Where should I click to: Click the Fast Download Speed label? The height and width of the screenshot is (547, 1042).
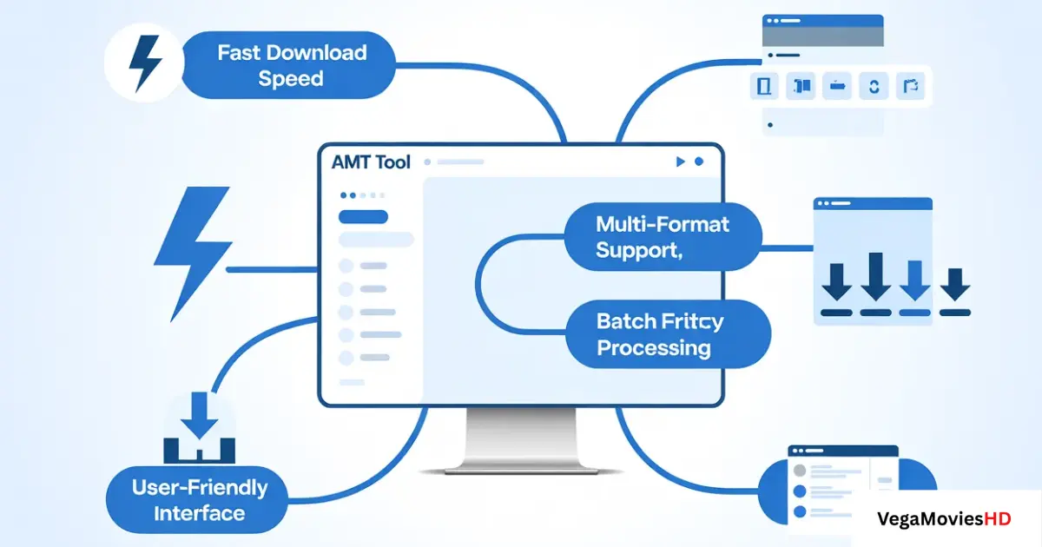[x=291, y=65]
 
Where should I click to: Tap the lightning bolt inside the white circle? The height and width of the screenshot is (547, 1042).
[x=142, y=63]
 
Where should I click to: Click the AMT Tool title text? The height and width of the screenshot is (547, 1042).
[x=372, y=162]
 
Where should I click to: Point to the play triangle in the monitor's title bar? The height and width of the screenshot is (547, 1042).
[x=679, y=161]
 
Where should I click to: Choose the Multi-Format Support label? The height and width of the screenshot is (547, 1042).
[x=663, y=237]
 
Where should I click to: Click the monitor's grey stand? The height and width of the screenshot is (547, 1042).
[x=521, y=438]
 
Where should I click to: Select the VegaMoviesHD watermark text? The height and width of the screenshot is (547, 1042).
[x=945, y=519]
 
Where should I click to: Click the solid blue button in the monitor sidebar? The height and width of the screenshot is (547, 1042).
[x=362, y=217]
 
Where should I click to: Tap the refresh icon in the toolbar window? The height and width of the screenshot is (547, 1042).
[x=874, y=86]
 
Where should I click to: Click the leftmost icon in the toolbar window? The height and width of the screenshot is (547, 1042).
[x=765, y=86]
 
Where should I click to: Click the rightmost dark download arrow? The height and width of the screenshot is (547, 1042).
[x=956, y=283]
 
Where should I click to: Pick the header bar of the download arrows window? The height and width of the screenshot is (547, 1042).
[x=873, y=203]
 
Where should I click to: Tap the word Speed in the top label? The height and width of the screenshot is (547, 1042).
[x=291, y=78]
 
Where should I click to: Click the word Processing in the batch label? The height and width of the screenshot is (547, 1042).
[x=654, y=348]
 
